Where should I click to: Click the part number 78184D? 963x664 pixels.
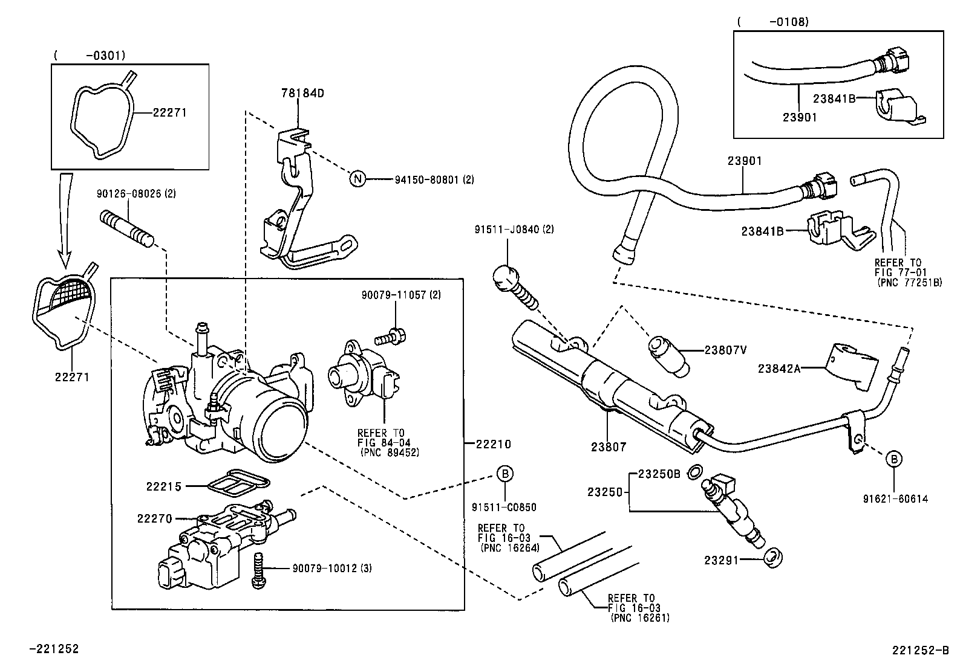click(302, 93)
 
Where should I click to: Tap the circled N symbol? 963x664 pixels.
click(358, 179)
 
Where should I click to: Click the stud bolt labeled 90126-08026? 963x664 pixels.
click(126, 225)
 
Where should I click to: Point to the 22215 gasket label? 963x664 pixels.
click(163, 486)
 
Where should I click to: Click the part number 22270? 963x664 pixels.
click(154, 518)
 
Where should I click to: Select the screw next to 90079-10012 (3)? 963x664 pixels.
click(258, 571)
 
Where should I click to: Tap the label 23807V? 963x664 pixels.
click(725, 349)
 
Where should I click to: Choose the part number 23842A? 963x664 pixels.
click(779, 367)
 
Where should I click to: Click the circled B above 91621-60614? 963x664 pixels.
click(894, 459)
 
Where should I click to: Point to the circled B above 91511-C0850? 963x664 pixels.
click(505, 474)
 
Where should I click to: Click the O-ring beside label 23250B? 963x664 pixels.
click(696, 471)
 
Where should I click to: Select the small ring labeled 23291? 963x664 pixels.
click(772, 558)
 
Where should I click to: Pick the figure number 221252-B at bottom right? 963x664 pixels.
click(920, 650)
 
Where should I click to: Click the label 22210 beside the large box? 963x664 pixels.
click(493, 444)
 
